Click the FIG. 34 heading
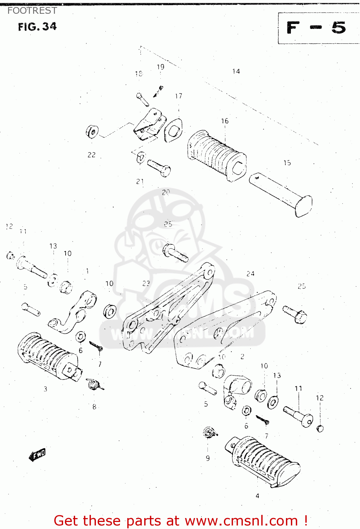37,27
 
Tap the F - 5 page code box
317,28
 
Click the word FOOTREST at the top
32,11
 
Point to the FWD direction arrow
37,455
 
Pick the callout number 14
236,71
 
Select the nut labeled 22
92,132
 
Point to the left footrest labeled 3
48,356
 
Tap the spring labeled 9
209,432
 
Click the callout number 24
250,274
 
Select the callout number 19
160,67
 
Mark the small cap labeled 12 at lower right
320,429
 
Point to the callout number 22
92,155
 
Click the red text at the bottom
181,521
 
